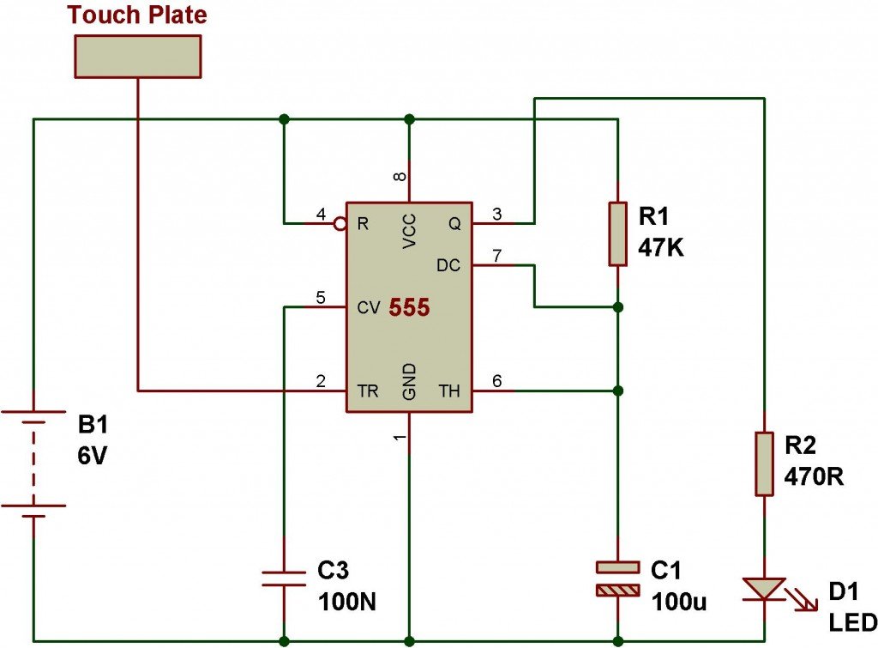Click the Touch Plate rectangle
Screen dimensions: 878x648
(x=138, y=56)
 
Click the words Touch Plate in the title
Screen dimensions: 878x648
(x=137, y=15)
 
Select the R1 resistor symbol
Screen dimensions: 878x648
(x=617, y=233)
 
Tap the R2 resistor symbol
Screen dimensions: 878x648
(x=764, y=463)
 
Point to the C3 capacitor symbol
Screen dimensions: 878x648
(x=284, y=578)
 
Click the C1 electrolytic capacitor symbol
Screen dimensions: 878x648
(x=617, y=578)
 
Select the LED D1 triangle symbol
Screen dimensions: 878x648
(x=764, y=590)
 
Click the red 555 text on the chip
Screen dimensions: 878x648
(x=409, y=307)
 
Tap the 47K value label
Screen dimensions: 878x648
(x=661, y=247)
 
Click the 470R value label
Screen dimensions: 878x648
(x=813, y=476)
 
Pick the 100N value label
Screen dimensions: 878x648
(x=347, y=602)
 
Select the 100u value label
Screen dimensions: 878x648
(x=679, y=602)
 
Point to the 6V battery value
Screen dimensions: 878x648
(x=92, y=457)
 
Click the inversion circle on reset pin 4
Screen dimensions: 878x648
(x=340, y=224)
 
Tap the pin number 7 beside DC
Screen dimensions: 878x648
(x=496, y=256)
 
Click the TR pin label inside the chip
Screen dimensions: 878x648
(x=368, y=391)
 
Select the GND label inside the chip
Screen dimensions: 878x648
(x=409, y=381)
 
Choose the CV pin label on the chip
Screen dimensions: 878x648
(x=369, y=308)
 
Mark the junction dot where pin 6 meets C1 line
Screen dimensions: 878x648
(x=617, y=391)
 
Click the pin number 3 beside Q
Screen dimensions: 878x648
(x=496, y=214)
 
